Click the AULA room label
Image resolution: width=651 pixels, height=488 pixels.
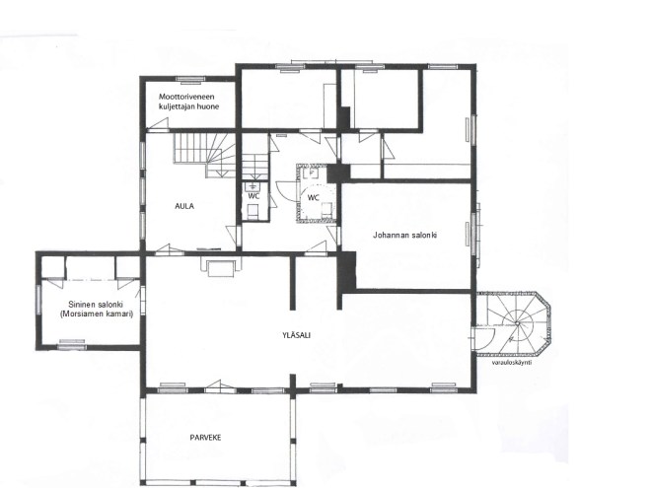184,206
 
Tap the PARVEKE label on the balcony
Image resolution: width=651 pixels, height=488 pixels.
205,438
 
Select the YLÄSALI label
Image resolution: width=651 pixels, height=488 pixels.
296,335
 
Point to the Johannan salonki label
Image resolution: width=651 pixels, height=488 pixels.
404,235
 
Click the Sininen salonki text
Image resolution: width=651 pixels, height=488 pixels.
96,305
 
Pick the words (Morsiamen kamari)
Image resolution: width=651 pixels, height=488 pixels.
97,314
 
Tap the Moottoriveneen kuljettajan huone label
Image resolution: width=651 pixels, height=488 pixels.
189,102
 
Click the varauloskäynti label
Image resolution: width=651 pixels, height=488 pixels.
512,362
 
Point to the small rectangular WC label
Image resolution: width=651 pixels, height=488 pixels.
253,196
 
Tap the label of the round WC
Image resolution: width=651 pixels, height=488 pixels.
314,198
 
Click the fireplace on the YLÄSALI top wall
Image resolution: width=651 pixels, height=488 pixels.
221,266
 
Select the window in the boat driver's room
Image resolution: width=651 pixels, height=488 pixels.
190,79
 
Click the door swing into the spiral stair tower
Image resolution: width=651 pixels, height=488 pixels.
484,338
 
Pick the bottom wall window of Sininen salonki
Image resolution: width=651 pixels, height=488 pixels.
72,344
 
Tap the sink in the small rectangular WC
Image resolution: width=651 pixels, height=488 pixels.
252,186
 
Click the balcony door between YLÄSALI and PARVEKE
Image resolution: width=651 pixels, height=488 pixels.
220,387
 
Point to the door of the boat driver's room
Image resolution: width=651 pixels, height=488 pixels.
158,125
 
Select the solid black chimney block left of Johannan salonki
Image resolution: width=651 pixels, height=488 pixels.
347,270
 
